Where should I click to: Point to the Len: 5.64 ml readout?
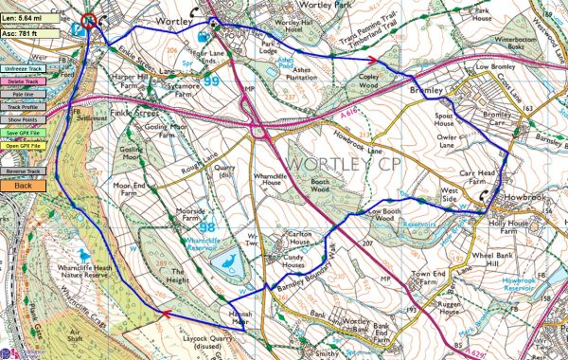coord(28,6)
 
